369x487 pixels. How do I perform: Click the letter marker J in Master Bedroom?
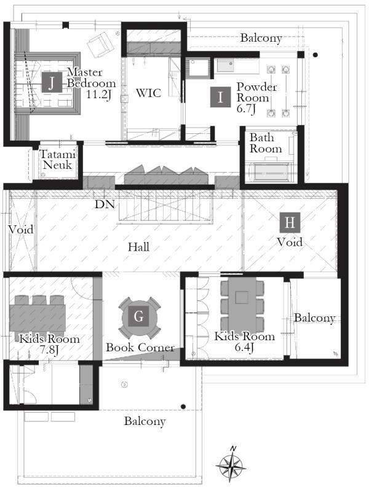pyautogui.click(x=52, y=82)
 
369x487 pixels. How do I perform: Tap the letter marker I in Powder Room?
pyautogui.click(x=220, y=97)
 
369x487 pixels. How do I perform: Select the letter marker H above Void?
pyautogui.click(x=290, y=222)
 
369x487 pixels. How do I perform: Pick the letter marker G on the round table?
pyautogui.click(x=139, y=316)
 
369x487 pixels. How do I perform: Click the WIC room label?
pyautogui.click(x=149, y=93)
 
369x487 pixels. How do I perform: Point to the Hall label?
pyautogui.click(x=139, y=247)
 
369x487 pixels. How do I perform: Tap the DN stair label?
pyautogui.click(x=105, y=205)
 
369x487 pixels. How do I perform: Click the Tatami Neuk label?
pyautogui.click(x=58, y=159)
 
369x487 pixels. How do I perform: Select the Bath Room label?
pyautogui.click(x=266, y=143)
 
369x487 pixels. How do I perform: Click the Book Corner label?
pyautogui.click(x=140, y=347)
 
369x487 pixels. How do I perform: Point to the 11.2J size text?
pyautogui.click(x=98, y=95)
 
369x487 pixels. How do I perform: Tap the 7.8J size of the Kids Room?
pyautogui.click(x=49, y=350)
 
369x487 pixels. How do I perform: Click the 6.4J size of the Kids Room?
pyautogui.click(x=244, y=347)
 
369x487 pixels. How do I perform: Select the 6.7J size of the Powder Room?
pyautogui.click(x=246, y=109)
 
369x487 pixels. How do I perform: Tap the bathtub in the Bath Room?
pyautogui.click(x=271, y=173)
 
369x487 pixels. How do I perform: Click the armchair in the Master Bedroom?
pyautogui.click(x=100, y=44)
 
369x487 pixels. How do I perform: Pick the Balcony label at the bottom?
pyautogui.click(x=145, y=421)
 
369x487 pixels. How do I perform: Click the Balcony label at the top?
pyautogui.click(x=261, y=38)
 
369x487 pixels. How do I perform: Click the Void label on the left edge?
pyautogui.click(x=20, y=230)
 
